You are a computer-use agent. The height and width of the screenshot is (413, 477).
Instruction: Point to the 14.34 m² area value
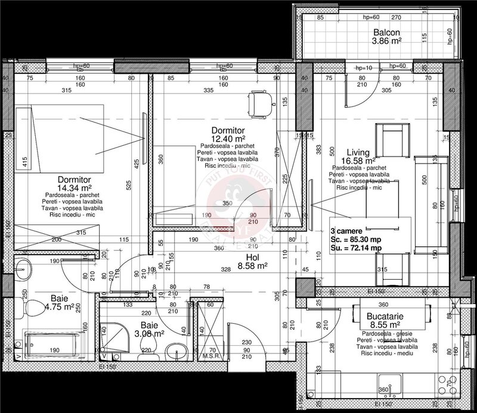tap(73, 187)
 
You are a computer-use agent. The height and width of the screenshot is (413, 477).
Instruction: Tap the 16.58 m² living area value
tap(358, 161)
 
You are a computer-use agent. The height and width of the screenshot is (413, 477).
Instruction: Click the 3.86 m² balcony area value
tap(387, 42)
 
